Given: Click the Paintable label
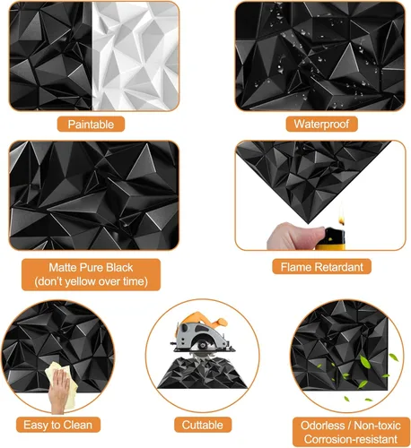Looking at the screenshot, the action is pos(91,124).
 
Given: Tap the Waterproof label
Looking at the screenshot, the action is pos(321,124).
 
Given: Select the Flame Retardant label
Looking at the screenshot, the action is pos(322,267).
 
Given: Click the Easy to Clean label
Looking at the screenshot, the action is pos(58,425).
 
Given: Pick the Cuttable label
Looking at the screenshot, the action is pos(203,425).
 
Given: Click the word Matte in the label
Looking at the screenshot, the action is pos(61,268).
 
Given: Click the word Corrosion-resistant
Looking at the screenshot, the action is pos(351,439).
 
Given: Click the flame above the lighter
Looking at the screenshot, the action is pos(342,216).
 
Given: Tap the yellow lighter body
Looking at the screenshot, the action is pos(332,239).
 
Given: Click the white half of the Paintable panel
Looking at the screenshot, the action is pos(136,56).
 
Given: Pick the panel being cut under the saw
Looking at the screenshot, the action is pos(203,374).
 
